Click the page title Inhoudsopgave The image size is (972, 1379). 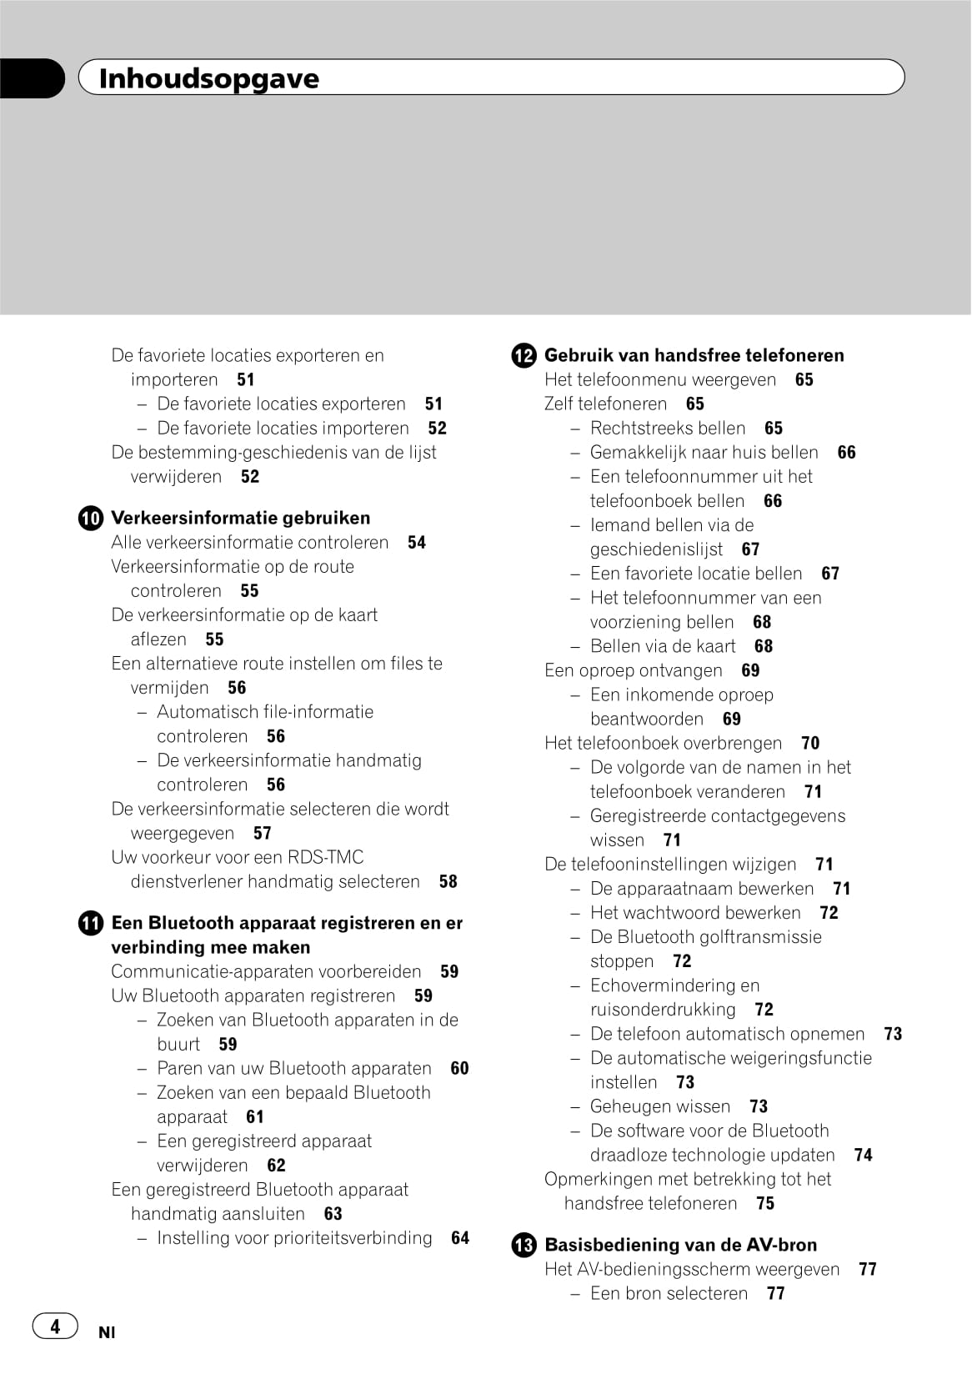tap(208, 78)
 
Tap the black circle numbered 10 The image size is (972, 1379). tap(91, 519)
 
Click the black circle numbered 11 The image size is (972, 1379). tap(91, 924)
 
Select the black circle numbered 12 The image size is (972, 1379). tap(524, 356)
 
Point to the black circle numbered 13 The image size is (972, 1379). tap(524, 1246)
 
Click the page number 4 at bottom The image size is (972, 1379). tap(55, 1326)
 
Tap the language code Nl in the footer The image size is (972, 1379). tap(107, 1332)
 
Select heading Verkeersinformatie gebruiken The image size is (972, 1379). tap(240, 518)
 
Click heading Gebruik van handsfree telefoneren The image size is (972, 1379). tap(694, 355)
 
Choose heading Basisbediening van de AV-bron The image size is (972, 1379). tap(680, 1245)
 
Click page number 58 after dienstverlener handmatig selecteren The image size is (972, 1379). tap(448, 881)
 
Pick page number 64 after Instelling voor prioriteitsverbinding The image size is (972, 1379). tap(460, 1238)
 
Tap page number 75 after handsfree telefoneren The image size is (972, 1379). tap(765, 1203)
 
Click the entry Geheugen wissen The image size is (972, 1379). tap(659, 1106)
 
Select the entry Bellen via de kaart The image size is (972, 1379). tap(663, 646)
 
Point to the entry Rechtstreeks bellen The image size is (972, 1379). tap(668, 428)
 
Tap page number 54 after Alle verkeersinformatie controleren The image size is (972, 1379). tap(417, 542)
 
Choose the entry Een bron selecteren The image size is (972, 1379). tap(669, 1293)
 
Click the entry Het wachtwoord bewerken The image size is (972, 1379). tap(695, 913)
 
